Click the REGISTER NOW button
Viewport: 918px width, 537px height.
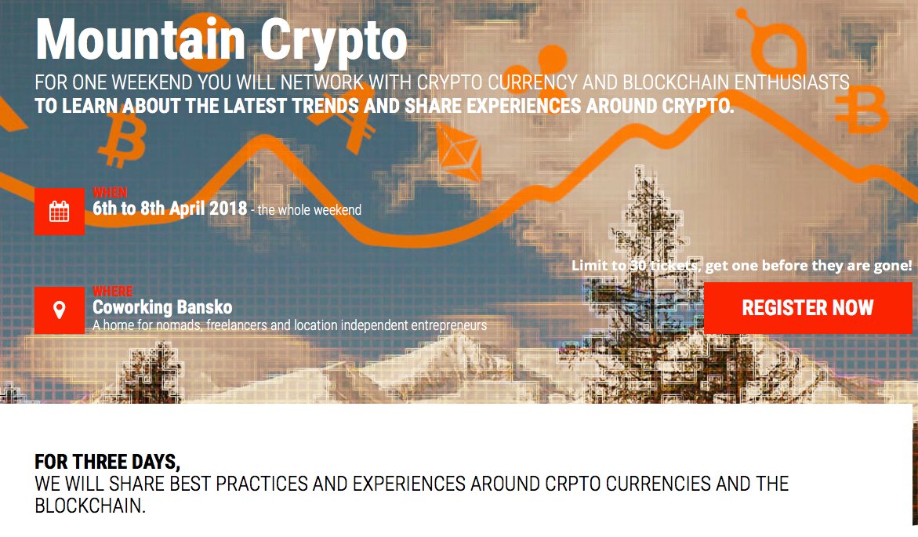pyautogui.click(x=807, y=308)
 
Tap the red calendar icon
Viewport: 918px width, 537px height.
pyautogui.click(x=60, y=211)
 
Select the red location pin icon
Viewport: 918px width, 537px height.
pyautogui.click(x=60, y=310)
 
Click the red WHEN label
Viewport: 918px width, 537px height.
pyautogui.click(x=110, y=192)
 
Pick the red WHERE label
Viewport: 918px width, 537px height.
pyautogui.click(x=113, y=292)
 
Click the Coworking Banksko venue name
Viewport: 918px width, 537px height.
pyautogui.click(x=162, y=307)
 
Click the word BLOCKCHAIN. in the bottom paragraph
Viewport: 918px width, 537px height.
pyautogui.click(x=90, y=506)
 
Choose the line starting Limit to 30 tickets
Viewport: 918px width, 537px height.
pyautogui.click(x=742, y=266)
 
